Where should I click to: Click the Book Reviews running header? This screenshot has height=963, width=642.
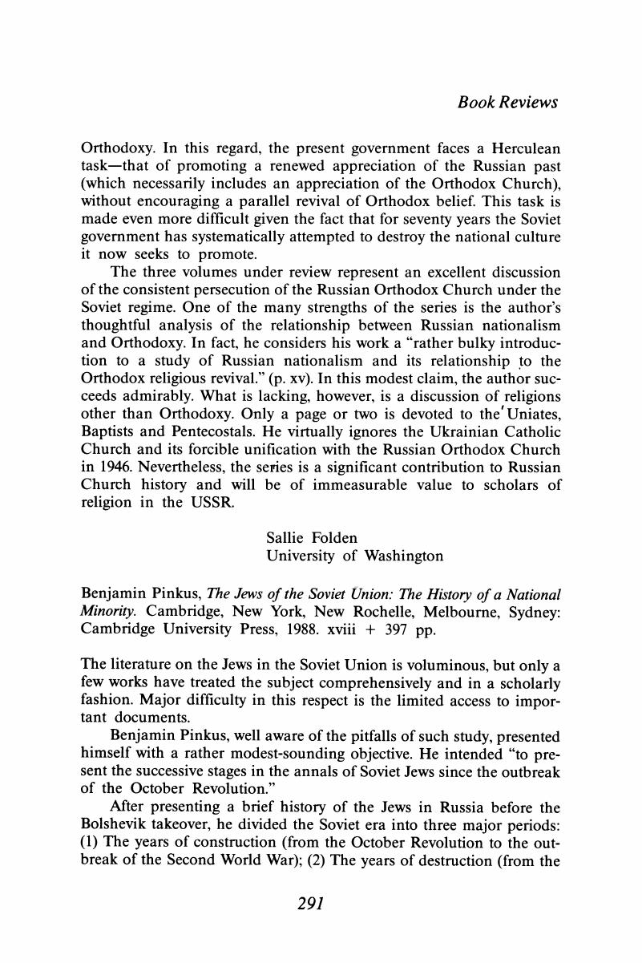pyautogui.click(x=496, y=103)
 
